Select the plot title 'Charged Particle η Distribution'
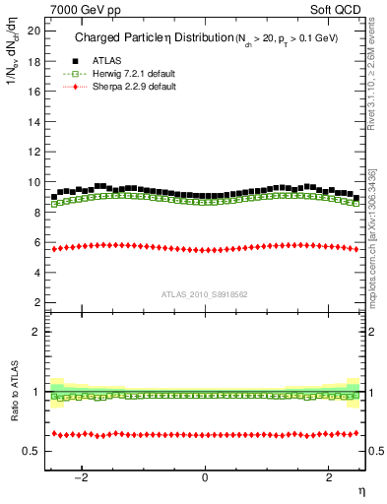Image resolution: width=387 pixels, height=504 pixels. [x=145, y=38]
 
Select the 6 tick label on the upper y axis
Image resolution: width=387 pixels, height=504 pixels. [x=36, y=242]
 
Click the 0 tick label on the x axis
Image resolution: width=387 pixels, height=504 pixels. [x=205, y=478]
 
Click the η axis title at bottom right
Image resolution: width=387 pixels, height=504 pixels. [x=360, y=490]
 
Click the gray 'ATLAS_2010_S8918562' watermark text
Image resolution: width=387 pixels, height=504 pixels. [x=205, y=293]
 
